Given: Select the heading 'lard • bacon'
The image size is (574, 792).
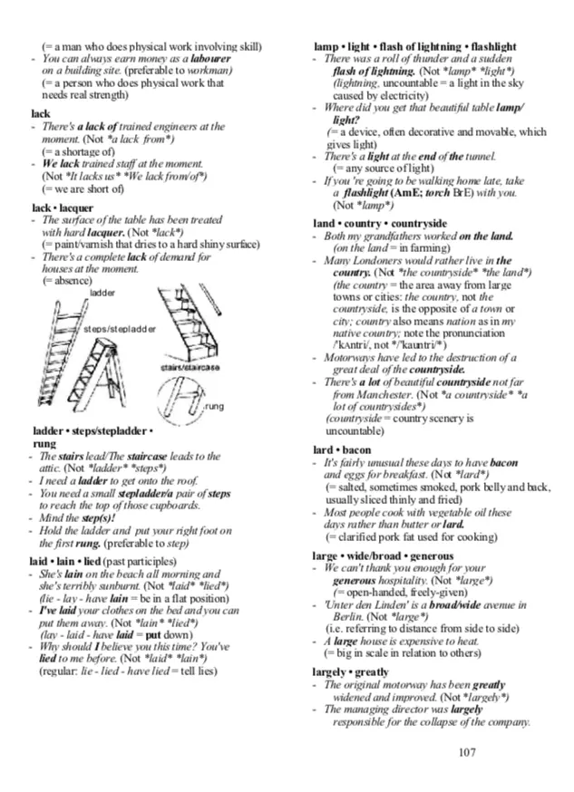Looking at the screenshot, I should coord(342,450).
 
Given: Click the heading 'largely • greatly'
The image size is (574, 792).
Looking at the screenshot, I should coord(351,672).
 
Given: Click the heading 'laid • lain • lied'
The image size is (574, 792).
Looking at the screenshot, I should coord(66,562).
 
